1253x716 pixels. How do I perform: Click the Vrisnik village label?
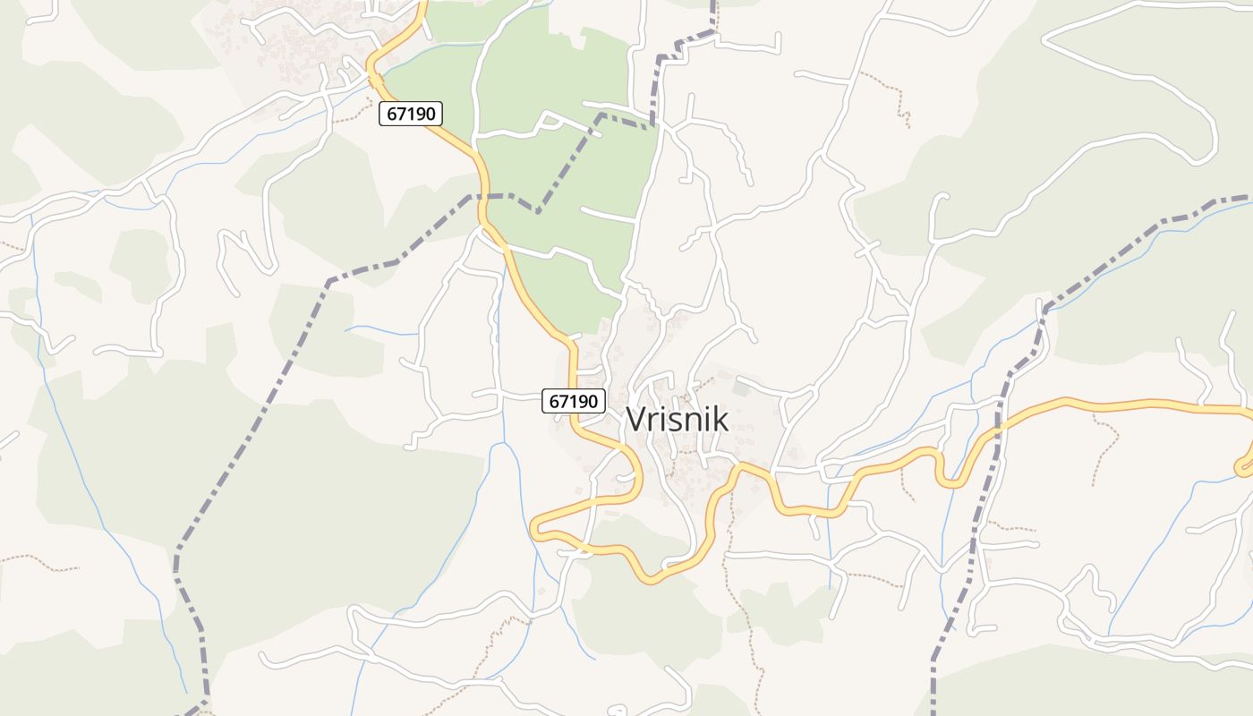[x=678, y=419]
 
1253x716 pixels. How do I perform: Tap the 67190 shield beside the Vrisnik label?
[x=574, y=401]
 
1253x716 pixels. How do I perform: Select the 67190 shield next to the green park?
[x=411, y=114]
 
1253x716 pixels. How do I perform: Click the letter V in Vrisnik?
[x=635, y=419]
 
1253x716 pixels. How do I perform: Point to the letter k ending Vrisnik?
[x=720, y=419]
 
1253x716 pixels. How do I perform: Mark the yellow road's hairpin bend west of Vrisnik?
[x=537, y=529]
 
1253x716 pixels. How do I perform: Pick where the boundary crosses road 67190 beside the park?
[x=484, y=195]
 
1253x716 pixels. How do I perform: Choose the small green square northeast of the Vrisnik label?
[x=739, y=388]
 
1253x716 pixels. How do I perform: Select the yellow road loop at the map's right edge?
[x=1244, y=465]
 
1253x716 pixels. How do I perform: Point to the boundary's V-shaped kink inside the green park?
[x=537, y=211]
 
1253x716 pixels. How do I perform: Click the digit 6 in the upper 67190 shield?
[x=392, y=114]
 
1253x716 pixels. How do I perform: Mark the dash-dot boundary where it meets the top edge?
[x=713, y=4]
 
